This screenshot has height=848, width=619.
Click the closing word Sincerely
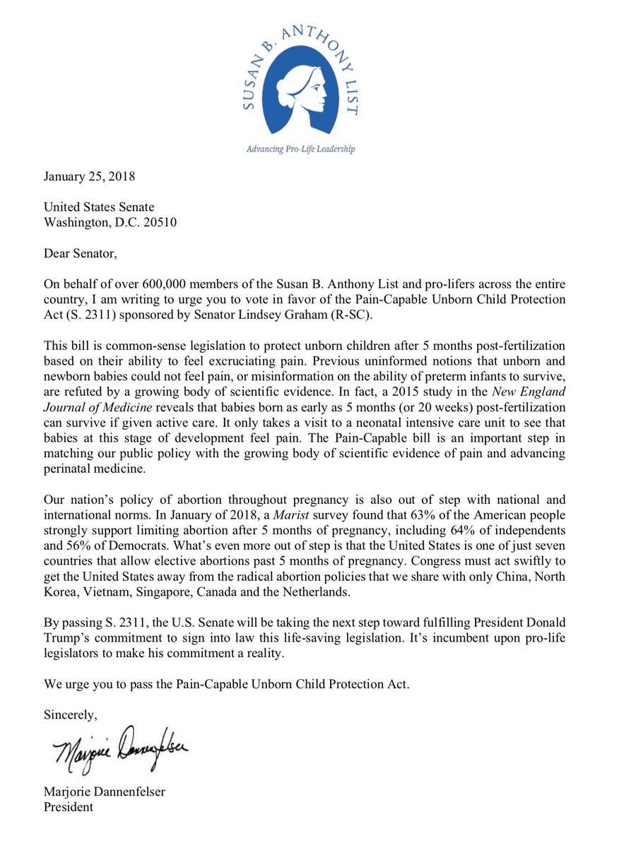click(x=71, y=714)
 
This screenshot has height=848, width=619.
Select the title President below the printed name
click(x=69, y=806)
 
